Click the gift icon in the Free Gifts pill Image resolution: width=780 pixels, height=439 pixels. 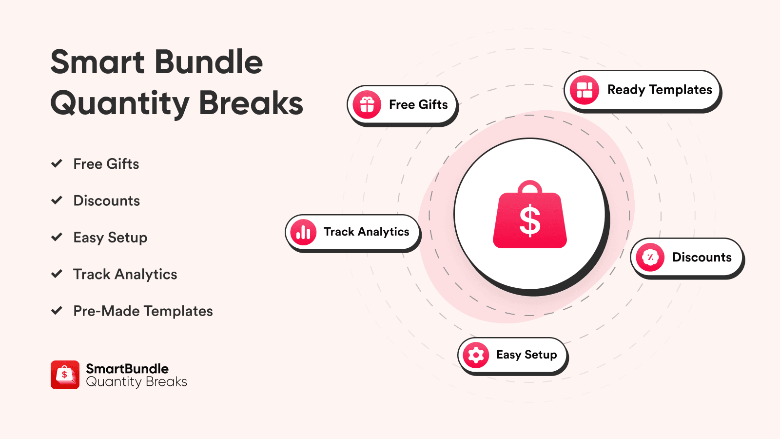click(x=367, y=104)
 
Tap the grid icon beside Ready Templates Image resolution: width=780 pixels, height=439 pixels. click(x=585, y=90)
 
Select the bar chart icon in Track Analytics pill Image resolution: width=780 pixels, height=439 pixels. click(x=303, y=232)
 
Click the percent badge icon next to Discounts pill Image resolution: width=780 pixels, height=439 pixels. click(x=650, y=257)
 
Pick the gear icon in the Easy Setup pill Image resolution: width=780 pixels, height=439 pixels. click(x=476, y=355)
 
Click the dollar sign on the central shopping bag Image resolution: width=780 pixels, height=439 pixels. click(x=530, y=221)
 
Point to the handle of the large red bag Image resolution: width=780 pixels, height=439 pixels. click(x=530, y=186)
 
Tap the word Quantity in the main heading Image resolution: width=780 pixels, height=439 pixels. click(x=120, y=103)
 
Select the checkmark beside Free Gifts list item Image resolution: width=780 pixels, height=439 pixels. click(x=57, y=163)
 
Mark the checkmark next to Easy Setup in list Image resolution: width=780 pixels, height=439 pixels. click(x=57, y=237)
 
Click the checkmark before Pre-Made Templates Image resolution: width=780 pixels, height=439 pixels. click(x=57, y=310)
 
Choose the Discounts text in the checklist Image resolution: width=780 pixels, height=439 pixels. click(x=106, y=200)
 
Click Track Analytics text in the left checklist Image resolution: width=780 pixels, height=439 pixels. click(x=125, y=274)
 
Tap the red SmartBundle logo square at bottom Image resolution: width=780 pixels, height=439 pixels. click(x=65, y=375)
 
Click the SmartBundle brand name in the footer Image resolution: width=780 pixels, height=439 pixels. click(x=127, y=368)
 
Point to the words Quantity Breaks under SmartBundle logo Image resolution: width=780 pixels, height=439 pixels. click(x=136, y=382)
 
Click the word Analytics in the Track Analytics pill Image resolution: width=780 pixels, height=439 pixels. click(x=383, y=232)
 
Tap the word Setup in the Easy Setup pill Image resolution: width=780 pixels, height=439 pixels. click(x=541, y=355)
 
